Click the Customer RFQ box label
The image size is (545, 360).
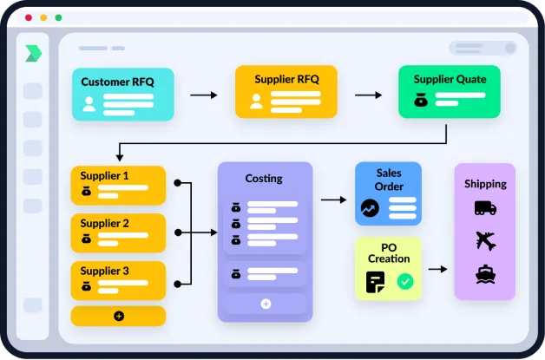tap(117, 82)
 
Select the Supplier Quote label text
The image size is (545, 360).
tap(450, 79)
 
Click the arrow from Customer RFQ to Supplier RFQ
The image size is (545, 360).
tap(204, 95)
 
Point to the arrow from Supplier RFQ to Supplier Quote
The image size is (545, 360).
tap(368, 95)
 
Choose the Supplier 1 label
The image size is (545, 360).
tap(105, 175)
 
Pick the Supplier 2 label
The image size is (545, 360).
tap(105, 223)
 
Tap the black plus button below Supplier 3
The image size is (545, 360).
tap(118, 316)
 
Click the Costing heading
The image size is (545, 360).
tap(264, 179)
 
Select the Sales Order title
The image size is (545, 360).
tap(389, 180)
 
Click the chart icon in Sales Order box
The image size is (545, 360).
tap(370, 208)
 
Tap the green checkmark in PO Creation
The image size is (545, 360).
tap(404, 281)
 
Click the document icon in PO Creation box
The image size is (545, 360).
tap(375, 281)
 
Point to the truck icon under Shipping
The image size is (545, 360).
tap(485, 208)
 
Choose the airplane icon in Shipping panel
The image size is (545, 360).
tap(485, 241)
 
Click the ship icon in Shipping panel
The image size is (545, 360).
tap(485, 275)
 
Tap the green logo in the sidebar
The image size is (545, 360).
tap(33, 53)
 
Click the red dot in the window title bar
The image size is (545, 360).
tap(28, 16)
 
